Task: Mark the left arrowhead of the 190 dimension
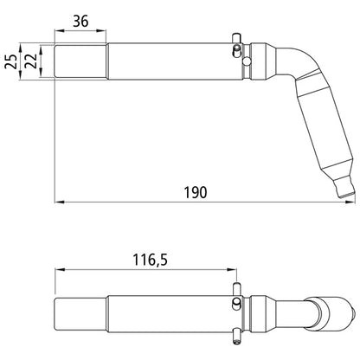click(59, 203)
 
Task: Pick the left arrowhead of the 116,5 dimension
click(59, 270)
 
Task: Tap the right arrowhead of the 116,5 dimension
click(232, 270)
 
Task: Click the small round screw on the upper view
click(247, 60)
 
